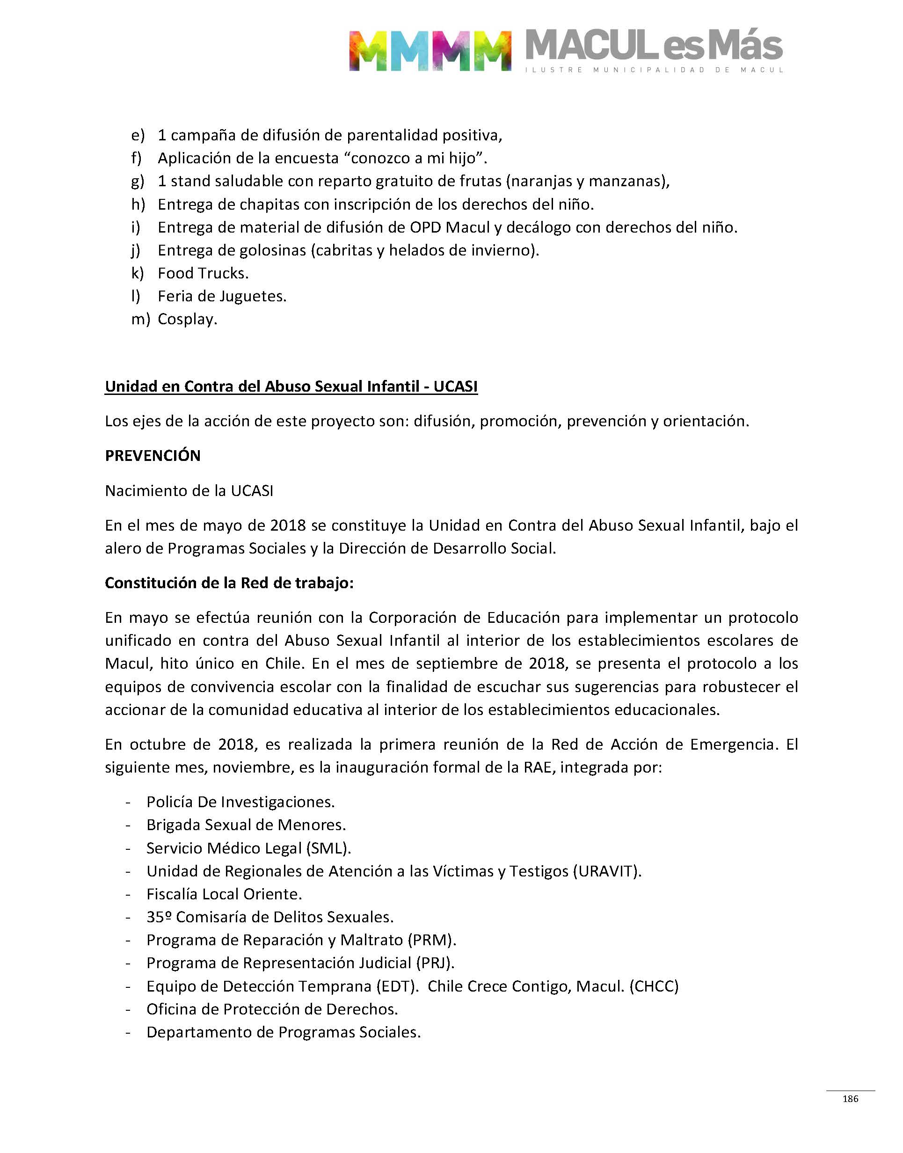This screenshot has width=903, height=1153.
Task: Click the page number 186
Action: [x=850, y=1099]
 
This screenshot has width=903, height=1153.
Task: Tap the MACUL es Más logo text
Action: [x=654, y=46]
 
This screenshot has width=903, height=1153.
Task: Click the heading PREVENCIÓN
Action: [x=153, y=456]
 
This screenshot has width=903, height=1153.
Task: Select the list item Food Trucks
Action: [x=203, y=273]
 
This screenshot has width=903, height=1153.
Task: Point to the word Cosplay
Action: [x=187, y=319]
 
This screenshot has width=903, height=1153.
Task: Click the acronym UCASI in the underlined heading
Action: [x=455, y=387]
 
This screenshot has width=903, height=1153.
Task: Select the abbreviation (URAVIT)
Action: [x=607, y=871]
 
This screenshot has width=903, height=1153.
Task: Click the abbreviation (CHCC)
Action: [x=654, y=986]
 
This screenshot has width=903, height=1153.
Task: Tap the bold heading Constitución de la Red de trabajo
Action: [x=229, y=583]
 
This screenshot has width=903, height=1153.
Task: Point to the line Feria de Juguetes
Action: [x=222, y=297]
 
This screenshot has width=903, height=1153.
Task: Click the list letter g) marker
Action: [x=138, y=182]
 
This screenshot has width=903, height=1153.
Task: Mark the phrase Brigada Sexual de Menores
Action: [x=246, y=825]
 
